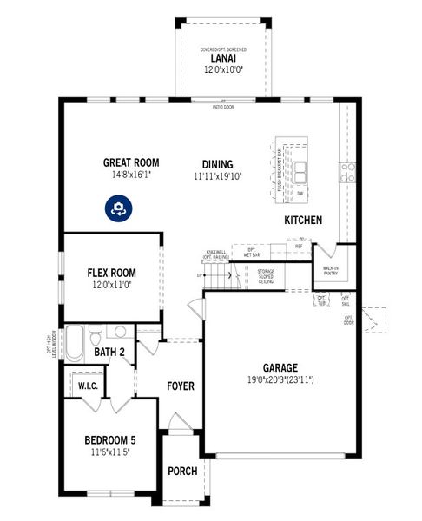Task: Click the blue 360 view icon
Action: point(118,208)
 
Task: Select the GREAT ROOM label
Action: point(130,162)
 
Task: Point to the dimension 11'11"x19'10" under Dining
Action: point(217,175)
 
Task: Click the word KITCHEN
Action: point(303,221)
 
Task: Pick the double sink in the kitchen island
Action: point(300,171)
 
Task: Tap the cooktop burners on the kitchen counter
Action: point(347,170)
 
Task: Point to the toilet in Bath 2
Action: point(96,331)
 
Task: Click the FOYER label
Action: point(180,386)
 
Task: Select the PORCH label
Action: point(182,472)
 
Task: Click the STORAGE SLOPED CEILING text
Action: point(266,276)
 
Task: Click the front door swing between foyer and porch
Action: point(178,425)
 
